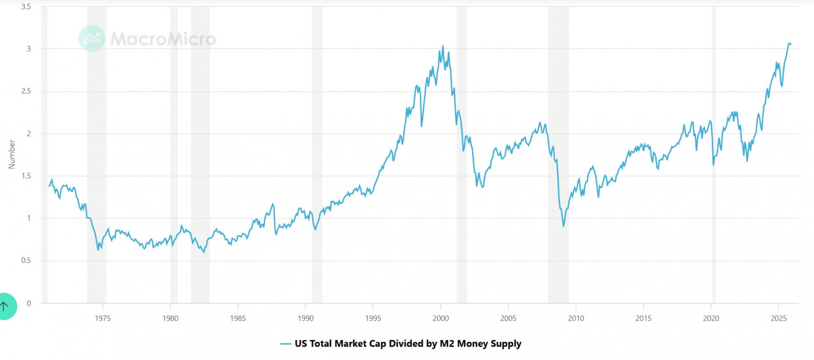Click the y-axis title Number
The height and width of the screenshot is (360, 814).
(x=11, y=154)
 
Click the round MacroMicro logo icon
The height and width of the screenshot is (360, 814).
(x=92, y=38)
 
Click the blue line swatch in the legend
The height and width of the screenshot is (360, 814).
(x=285, y=344)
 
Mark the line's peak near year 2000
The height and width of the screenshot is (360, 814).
(x=443, y=46)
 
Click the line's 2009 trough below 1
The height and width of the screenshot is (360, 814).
(x=564, y=226)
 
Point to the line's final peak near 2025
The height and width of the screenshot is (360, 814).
(x=789, y=43)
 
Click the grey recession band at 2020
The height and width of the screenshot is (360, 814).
(x=714, y=157)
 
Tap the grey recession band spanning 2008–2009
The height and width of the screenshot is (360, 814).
(x=558, y=157)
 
